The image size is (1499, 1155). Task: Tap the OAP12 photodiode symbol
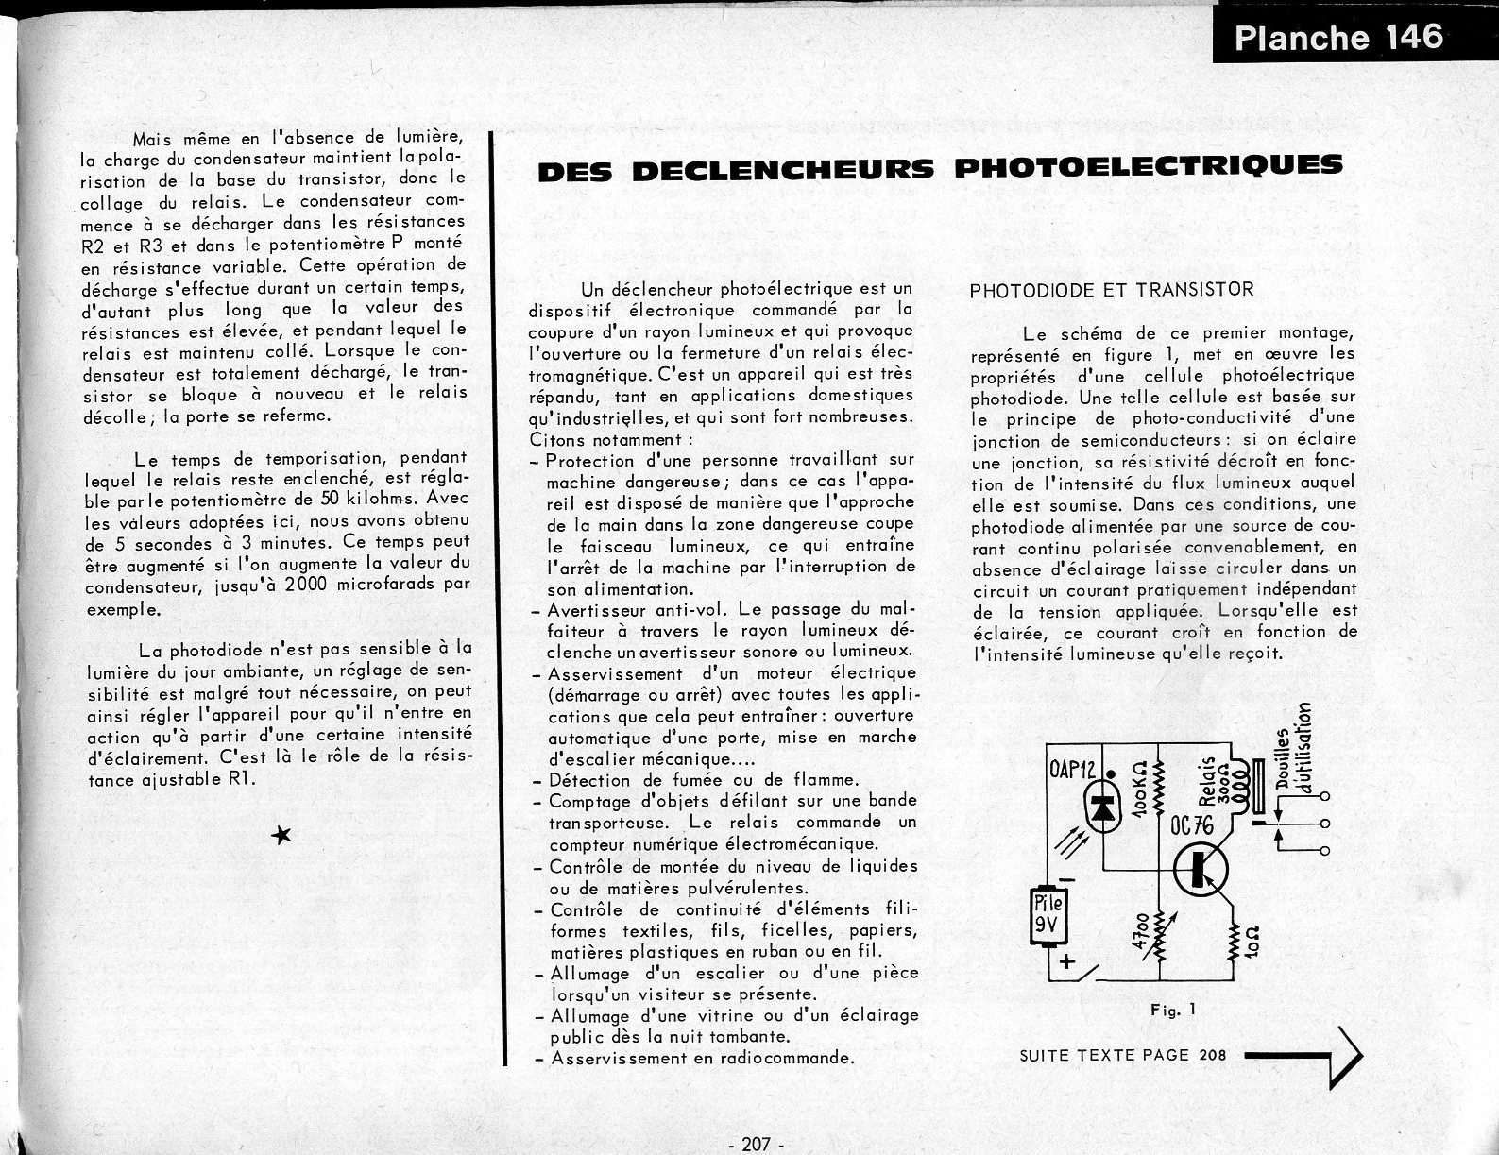(1100, 810)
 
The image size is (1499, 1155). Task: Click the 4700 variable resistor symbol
(1160, 930)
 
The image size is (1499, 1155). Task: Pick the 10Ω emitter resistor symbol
(1235, 943)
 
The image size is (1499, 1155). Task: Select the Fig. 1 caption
(1173, 1010)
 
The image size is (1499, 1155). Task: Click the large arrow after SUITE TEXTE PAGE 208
(1304, 1056)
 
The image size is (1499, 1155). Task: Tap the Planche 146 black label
(1338, 37)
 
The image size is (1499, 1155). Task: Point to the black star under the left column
(281, 834)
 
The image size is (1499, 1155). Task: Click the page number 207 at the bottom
(757, 1144)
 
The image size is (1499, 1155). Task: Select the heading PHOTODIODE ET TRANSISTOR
(1112, 290)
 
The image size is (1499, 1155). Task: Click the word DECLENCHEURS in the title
(782, 170)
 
